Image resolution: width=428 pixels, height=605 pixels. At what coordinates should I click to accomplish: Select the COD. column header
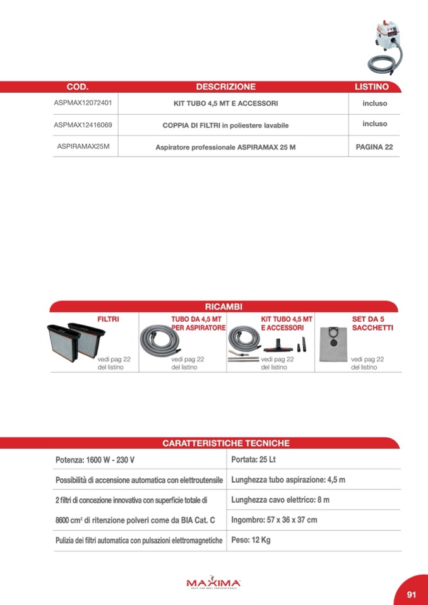click(x=77, y=87)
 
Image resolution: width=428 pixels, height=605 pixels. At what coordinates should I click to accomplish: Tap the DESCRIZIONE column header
click(x=225, y=87)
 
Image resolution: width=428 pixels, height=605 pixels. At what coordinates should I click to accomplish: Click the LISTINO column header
click(x=371, y=87)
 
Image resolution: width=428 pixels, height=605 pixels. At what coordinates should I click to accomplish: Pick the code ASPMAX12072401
click(x=83, y=102)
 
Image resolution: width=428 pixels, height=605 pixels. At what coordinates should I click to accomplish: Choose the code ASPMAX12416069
click(x=83, y=124)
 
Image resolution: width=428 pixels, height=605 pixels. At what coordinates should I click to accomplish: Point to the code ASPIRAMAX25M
click(x=83, y=146)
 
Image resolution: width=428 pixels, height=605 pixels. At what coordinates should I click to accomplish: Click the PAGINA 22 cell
click(x=374, y=147)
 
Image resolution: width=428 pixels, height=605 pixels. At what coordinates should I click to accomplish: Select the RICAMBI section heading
click(x=223, y=307)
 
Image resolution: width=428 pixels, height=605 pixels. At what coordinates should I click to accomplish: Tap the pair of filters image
click(x=73, y=341)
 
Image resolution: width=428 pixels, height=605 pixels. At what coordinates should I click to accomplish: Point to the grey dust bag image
click(x=333, y=344)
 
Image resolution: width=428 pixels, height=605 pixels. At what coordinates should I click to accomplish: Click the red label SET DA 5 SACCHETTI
click(x=372, y=324)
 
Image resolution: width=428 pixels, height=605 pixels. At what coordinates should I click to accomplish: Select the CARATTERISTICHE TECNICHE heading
click(x=226, y=443)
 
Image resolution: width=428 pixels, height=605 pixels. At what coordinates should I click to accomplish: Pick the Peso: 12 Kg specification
click(x=251, y=540)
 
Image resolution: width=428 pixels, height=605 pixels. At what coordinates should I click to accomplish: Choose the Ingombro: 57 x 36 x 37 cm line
click(x=274, y=520)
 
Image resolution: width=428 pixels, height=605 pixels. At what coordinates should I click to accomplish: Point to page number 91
click(x=412, y=594)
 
